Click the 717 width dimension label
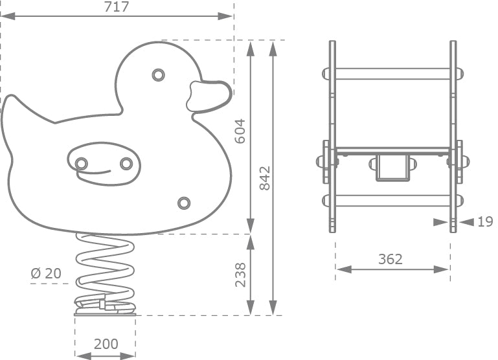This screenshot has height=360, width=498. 117,6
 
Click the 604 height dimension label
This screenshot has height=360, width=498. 240,131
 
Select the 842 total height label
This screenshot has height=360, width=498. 265,178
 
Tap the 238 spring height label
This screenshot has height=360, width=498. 240,275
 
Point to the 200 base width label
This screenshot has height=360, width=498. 106,344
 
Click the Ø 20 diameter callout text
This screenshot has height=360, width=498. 47,273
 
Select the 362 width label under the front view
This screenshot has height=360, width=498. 390,260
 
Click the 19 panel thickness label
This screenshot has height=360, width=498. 485,222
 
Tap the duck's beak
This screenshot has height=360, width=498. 209,96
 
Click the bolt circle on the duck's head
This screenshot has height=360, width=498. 158,75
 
